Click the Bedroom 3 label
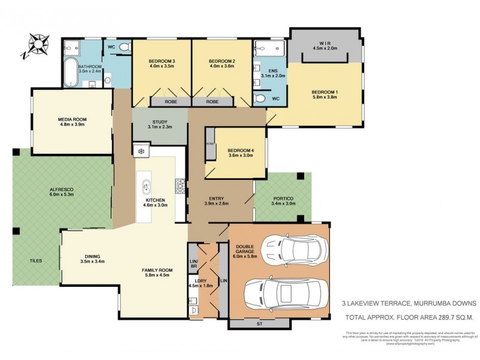161,61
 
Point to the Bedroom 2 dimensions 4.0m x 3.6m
221,67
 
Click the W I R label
326,43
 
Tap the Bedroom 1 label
325,92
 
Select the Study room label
160,122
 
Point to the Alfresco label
61,190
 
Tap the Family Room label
156,271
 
